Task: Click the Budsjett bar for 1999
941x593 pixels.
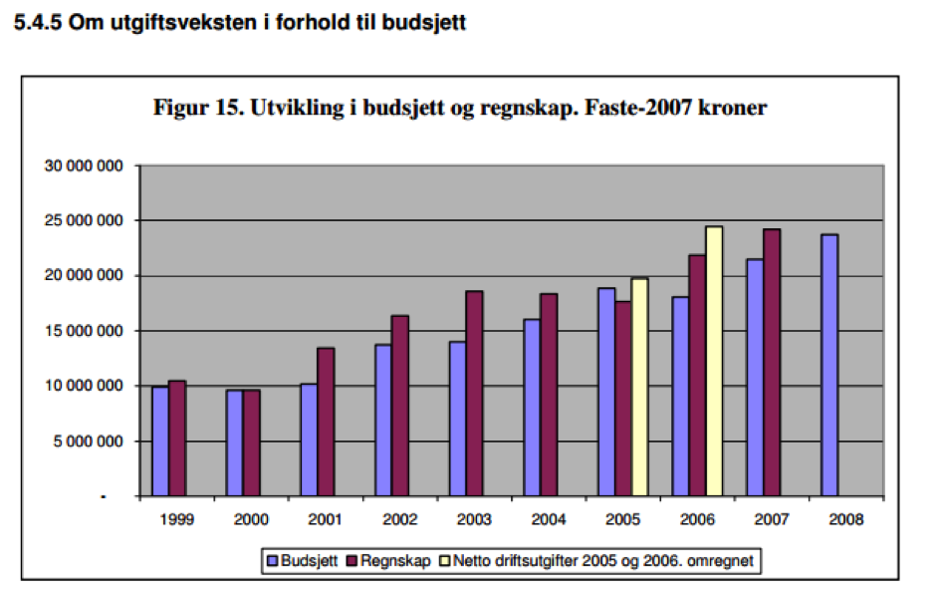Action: click(160, 441)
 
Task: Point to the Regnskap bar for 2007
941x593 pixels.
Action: click(773, 363)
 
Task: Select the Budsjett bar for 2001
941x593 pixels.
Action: click(309, 440)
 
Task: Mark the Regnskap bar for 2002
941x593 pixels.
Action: click(399, 406)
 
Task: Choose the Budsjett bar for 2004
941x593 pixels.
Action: click(533, 408)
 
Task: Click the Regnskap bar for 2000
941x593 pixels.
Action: click(251, 443)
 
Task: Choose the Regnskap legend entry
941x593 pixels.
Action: click(390, 561)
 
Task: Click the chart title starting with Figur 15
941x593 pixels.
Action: click(459, 108)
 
